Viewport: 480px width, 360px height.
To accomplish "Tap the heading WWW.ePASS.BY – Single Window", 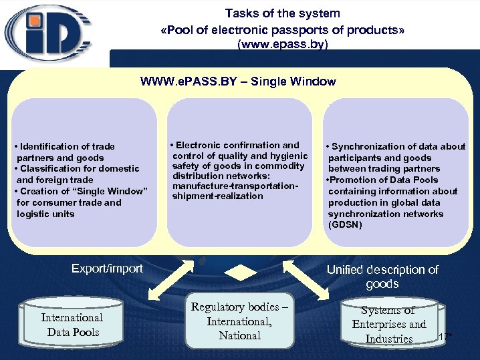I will click(238, 81).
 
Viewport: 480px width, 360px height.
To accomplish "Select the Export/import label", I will click(107, 268).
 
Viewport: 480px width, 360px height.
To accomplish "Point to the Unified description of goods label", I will click(382, 277).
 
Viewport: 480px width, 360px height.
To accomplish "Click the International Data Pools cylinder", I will click(72, 325).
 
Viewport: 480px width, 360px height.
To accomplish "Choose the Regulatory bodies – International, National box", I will click(239, 321).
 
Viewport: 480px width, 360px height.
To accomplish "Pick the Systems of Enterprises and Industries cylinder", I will click(388, 325).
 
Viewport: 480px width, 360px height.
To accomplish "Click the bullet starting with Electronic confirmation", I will click(238, 155).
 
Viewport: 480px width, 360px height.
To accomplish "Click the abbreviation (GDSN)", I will click(345, 225).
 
